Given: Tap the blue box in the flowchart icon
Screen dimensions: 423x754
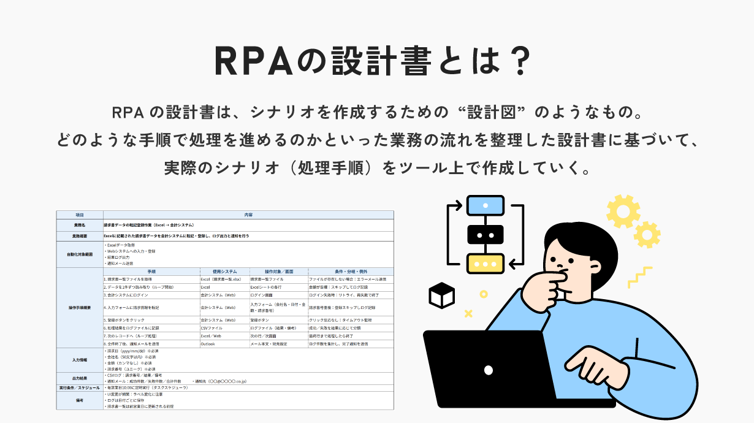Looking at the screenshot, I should pyautogui.click(x=486, y=205).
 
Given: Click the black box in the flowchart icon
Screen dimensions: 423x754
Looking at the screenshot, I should pyautogui.click(x=486, y=234).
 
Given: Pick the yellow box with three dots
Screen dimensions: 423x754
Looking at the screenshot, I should pyautogui.click(x=486, y=263).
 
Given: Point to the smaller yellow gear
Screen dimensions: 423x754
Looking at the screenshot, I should pyautogui.click(x=646, y=235).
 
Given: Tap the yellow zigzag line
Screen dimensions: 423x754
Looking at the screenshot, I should pyautogui.click(x=639, y=277).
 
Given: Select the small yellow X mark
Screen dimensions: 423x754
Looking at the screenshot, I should pyautogui.click(x=468, y=313).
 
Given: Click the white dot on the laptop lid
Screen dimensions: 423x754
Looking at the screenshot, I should pyautogui.click(x=488, y=370).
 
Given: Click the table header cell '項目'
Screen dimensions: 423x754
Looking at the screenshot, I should pyautogui.click(x=80, y=215).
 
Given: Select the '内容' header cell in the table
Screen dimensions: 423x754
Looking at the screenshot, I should pyautogui.click(x=248, y=215).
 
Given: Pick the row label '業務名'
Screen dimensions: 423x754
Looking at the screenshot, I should pyautogui.click(x=80, y=226).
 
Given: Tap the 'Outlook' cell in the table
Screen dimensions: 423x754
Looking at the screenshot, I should pyautogui.click(x=208, y=344).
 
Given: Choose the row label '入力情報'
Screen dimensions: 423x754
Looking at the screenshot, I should pyautogui.click(x=80, y=359).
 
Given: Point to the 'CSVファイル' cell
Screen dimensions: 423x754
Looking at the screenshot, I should pyautogui.click(x=212, y=328).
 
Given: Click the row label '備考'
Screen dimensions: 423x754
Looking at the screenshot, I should pyautogui.click(x=80, y=400).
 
